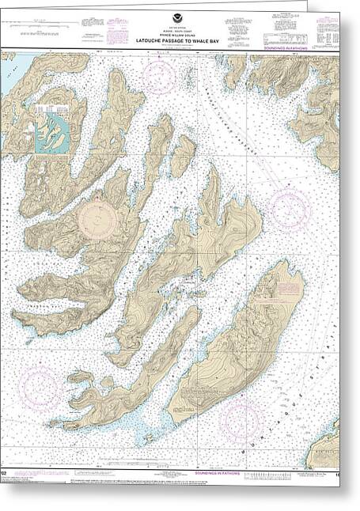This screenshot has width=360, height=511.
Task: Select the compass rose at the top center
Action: tap(159, 78)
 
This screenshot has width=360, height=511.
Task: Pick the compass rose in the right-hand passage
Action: tap(290, 210)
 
